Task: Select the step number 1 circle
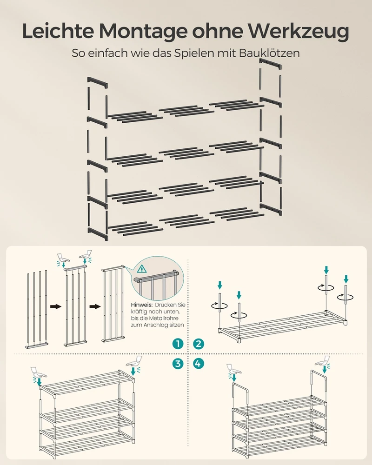(x=178, y=344)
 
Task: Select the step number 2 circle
(x=199, y=344)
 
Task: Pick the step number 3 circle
(x=178, y=363)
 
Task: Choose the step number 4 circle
(x=199, y=363)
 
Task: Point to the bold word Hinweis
(x=142, y=305)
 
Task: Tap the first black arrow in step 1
(x=55, y=306)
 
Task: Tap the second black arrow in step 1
(x=95, y=306)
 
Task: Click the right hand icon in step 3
(x=134, y=361)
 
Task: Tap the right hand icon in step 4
(x=323, y=361)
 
